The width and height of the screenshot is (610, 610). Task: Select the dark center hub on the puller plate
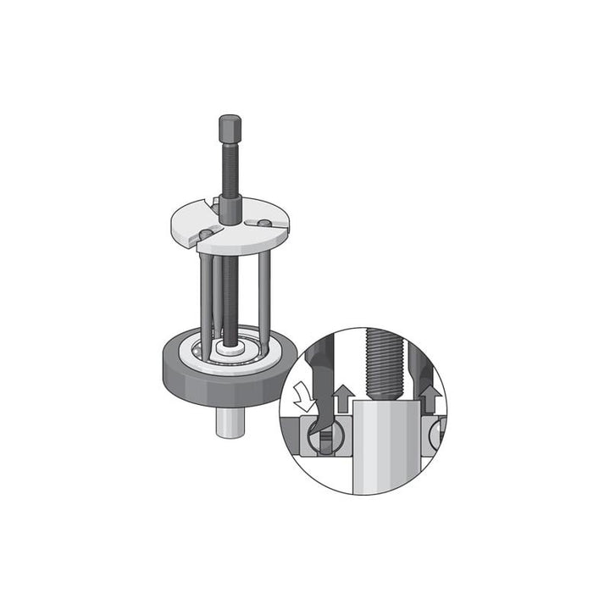230,210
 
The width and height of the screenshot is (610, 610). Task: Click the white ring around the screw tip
230,349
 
